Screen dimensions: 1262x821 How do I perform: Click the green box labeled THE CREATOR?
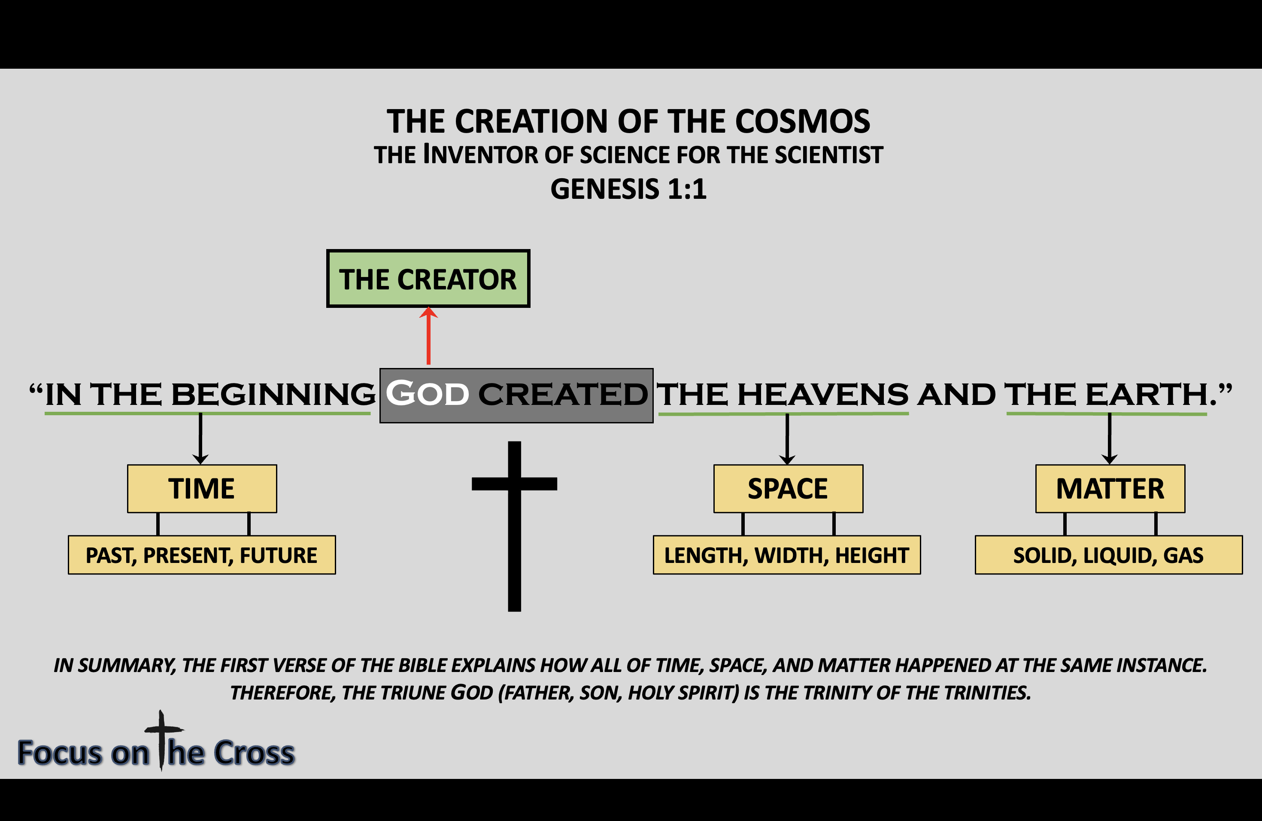(x=428, y=278)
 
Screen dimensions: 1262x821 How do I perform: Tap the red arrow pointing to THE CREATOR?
(x=428, y=336)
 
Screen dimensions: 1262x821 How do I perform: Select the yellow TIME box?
(x=202, y=489)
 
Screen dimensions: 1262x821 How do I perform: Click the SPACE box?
(x=788, y=489)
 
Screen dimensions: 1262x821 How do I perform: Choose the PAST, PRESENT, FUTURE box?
(x=202, y=555)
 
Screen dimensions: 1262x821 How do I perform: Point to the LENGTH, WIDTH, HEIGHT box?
(x=787, y=555)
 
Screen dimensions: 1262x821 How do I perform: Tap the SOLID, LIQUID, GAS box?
(x=1109, y=555)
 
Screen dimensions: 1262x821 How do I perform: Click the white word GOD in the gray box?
(x=428, y=393)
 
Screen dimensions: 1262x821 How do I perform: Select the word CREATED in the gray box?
(x=563, y=394)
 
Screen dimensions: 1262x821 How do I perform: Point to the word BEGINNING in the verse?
(x=273, y=394)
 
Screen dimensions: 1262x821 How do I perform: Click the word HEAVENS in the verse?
(x=822, y=394)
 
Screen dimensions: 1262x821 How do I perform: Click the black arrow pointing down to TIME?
(x=200, y=438)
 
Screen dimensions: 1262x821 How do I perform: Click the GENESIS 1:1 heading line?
(x=628, y=189)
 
